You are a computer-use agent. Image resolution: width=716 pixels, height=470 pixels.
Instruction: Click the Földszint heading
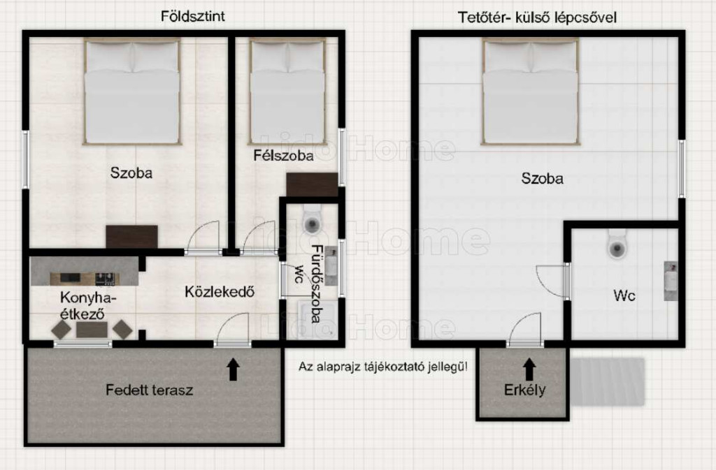point(193,16)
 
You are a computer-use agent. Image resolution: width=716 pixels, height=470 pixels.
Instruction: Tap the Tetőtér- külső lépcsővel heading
point(537,17)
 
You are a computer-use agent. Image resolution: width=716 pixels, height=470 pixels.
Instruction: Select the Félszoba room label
point(284,156)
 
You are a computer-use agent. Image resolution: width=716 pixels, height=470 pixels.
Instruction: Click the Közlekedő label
point(220,292)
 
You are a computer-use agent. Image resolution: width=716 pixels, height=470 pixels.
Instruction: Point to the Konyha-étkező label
point(89,305)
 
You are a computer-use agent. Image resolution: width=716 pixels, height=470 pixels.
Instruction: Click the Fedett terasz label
point(150,390)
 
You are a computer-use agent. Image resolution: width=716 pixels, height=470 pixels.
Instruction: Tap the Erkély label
point(524,390)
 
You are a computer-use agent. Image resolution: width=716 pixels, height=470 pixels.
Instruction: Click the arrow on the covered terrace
point(234,369)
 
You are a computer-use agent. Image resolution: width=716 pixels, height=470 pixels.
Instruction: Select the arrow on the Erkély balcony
point(529,369)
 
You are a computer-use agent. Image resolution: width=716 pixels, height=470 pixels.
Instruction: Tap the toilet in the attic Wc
point(617,244)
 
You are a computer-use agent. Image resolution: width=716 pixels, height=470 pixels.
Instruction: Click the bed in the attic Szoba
point(531,91)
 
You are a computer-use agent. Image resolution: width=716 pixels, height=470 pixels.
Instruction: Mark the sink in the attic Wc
point(671,281)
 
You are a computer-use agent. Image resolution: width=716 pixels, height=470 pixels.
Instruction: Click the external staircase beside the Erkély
point(608,382)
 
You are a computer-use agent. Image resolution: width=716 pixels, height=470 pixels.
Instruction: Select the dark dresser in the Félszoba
point(312,184)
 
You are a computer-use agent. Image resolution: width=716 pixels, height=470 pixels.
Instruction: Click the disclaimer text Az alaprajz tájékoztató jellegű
point(383,367)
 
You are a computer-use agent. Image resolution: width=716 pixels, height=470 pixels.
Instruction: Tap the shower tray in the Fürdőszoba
point(318,320)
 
